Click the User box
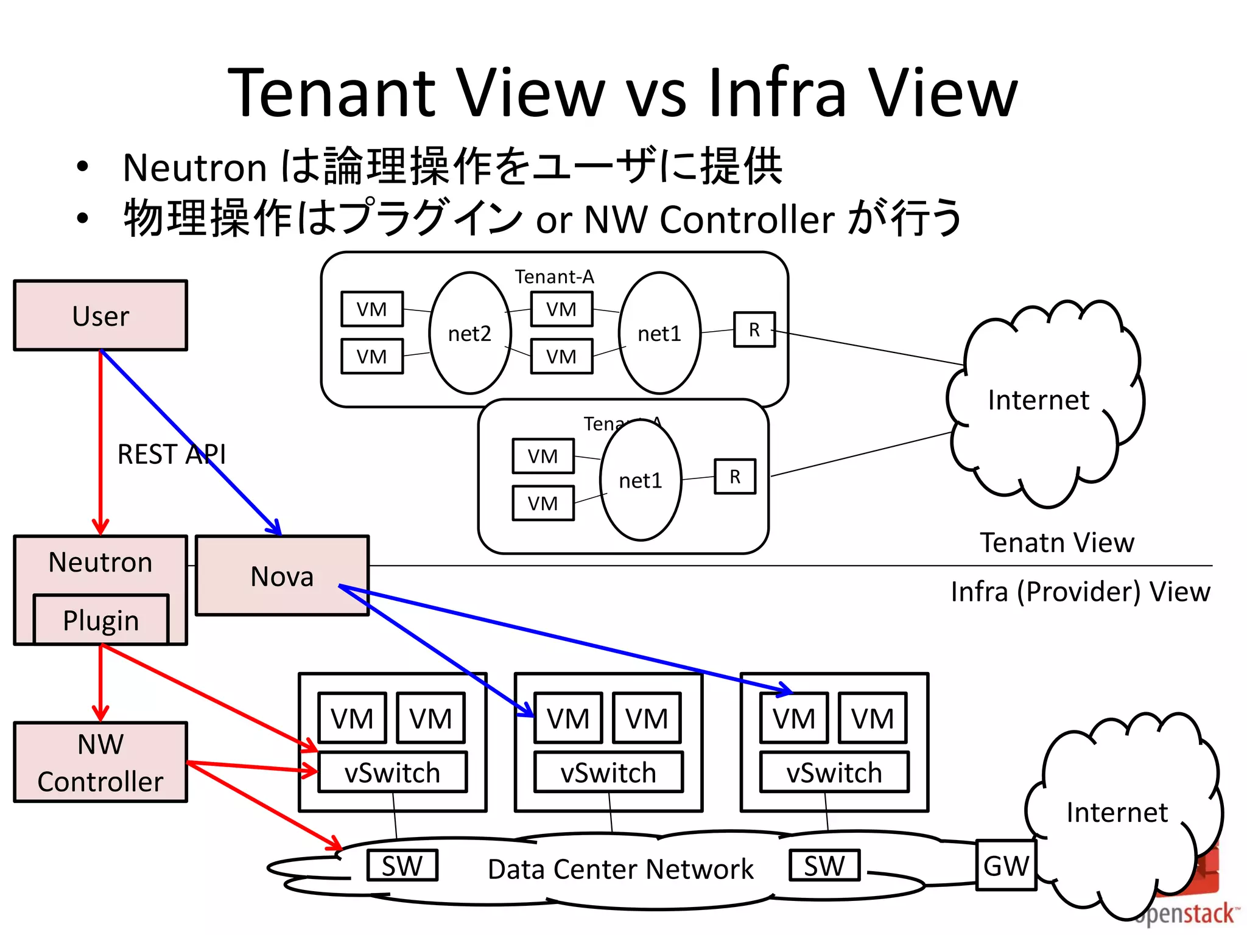click(x=100, y=315)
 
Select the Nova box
click(x=282, y=576)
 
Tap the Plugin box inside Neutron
click(x=101, y=620)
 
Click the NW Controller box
click(x=100, y=762)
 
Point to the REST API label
click(x=171, y=454)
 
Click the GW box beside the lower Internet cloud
click(x=1005, y=866)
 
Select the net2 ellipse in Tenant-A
click(x=469, y=333)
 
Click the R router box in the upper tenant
click(x=754, y=329)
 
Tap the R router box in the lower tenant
click(x=734, y=476)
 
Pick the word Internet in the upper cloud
click(x=1038, y=400)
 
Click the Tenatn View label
click(x=1056, y=542)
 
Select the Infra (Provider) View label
click(x=1080, y=591)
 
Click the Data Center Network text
click(x=620, y=869)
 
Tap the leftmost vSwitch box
click(x=392, y=772)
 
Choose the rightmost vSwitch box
click(x=834, y=772)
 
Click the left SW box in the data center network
click(x=402, y=865)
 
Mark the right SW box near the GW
click(x=824, y=865)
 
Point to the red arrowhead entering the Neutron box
click(x=100, y=526)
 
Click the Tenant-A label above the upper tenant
click(x=554, y=277)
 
